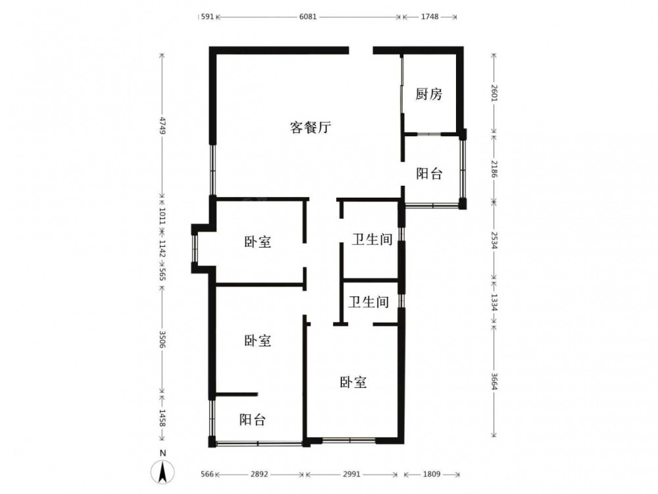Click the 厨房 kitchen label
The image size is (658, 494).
click(x=429, y=94)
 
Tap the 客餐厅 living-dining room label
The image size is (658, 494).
click(x=311, y=127)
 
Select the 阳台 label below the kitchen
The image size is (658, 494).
click(x=429, y=173)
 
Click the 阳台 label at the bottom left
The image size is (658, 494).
click(x=253, y=419)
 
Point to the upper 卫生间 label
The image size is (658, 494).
click(x=372, y=240)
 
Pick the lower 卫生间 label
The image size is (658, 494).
click(x=369, y=302)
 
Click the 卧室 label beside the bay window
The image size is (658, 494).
click(x=258, y=242)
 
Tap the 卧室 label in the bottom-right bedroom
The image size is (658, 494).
click(x=353, y=382)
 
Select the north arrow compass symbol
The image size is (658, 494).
click(x=163, y=472)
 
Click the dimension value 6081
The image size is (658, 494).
click(x=308, y=17)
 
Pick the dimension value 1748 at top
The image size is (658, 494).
click(x=430, y=17)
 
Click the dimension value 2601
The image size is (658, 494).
click(x=494, y=92)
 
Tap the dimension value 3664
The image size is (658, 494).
click(x=494, y=381)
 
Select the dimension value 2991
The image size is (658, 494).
click(x=351, y=474)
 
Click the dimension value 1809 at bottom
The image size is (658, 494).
click(x=432, y=474)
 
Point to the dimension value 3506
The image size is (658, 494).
click(x=163, y=339)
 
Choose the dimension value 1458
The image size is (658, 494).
click(x=163, y=418)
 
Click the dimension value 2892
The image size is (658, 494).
click(x=259, y=474)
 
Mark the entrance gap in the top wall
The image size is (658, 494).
click(x=361, y=50)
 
